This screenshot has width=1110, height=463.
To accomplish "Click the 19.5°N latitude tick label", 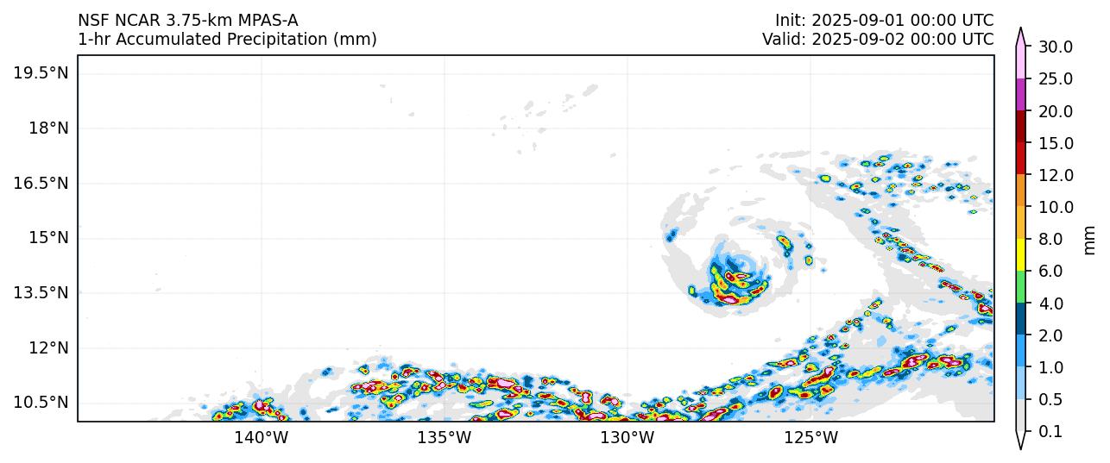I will [x=41, y=73].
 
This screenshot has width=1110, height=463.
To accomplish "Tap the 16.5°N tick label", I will [x=41, y=183].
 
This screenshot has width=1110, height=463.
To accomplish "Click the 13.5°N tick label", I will [x=41, y=292].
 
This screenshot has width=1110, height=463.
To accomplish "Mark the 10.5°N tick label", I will [x=41, y=403].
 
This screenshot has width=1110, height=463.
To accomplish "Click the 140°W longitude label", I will [x=262, y=438].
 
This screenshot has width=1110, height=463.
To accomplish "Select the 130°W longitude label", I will [x=628, y=438].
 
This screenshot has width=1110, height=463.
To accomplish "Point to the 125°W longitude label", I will [x=811, y=438].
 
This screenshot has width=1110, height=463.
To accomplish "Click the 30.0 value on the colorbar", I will [x=1055, y=47].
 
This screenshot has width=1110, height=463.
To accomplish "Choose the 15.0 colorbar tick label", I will [x=1055, y=143].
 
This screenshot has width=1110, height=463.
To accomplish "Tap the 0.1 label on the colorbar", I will [x=1050, y=432].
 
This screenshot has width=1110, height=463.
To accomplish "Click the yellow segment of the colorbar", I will [x=1021, y=255].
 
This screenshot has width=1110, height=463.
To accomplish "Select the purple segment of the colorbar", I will [x=1021, y=95].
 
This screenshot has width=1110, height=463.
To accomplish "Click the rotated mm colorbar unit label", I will [x=1089, y=240].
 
